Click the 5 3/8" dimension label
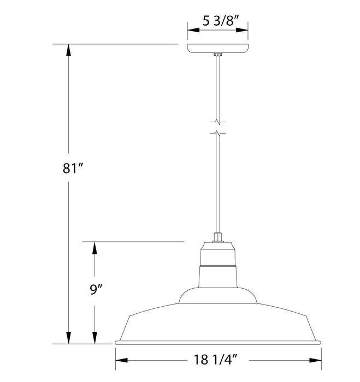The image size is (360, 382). (218, 22)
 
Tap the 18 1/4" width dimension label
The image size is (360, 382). (218, 361)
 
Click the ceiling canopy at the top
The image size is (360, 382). (218, 48)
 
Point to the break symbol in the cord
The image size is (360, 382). (218, 126)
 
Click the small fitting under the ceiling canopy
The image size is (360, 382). (218, 55)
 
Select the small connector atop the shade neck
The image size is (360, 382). (218, 237)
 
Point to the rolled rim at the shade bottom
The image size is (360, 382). (218, 343)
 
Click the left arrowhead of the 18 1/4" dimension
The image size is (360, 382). (121, 361)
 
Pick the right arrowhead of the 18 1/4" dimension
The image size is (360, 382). (315, 361)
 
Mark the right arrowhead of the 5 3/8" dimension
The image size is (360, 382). (244, 31)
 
